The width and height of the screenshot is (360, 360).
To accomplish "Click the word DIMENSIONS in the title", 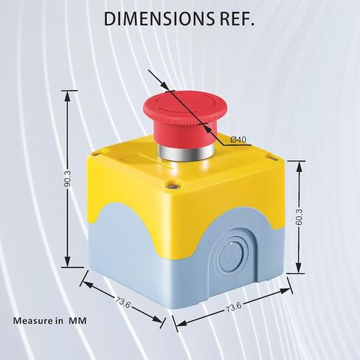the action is pyautogui.click(x=159, y=19).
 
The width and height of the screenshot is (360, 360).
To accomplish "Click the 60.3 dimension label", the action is pyautogui.click(x=299, y=217).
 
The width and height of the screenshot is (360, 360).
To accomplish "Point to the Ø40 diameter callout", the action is pyautogui.click(x=238, y=139).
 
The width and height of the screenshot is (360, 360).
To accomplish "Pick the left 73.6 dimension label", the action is pyautogui.click(x=122, y=302).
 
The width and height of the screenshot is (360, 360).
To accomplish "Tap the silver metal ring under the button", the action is pyautogui.click(x=185, y=153).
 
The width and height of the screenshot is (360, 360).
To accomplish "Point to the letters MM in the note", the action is pyautogui.click(x=77, y=321).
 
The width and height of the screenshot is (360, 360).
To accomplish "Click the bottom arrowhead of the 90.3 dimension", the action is pyautogui.click(x=67, y=261).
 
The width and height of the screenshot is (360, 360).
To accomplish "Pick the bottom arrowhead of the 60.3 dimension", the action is pyautogui.click(x=299, y=268).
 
